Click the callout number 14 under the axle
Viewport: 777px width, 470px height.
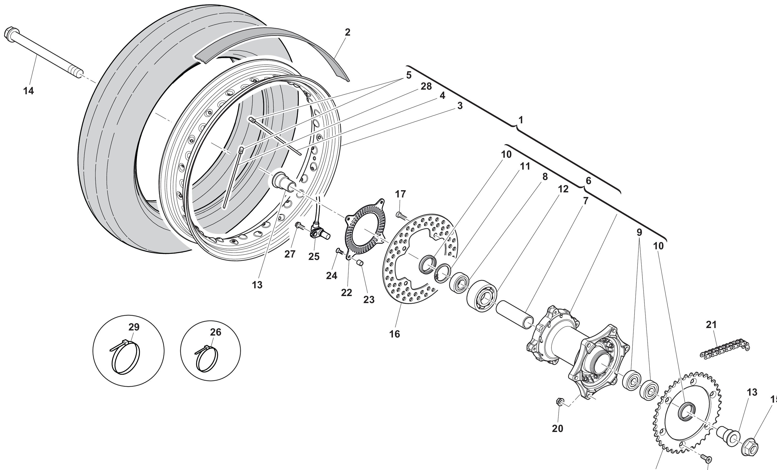(28, 91)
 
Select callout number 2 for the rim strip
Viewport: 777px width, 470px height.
(347, 32)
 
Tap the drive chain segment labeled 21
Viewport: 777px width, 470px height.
(725, 349)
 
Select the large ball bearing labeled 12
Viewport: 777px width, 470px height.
(482, 296)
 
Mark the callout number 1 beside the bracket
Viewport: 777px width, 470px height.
(521, 120)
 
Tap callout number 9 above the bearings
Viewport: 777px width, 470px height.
(639, 233)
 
